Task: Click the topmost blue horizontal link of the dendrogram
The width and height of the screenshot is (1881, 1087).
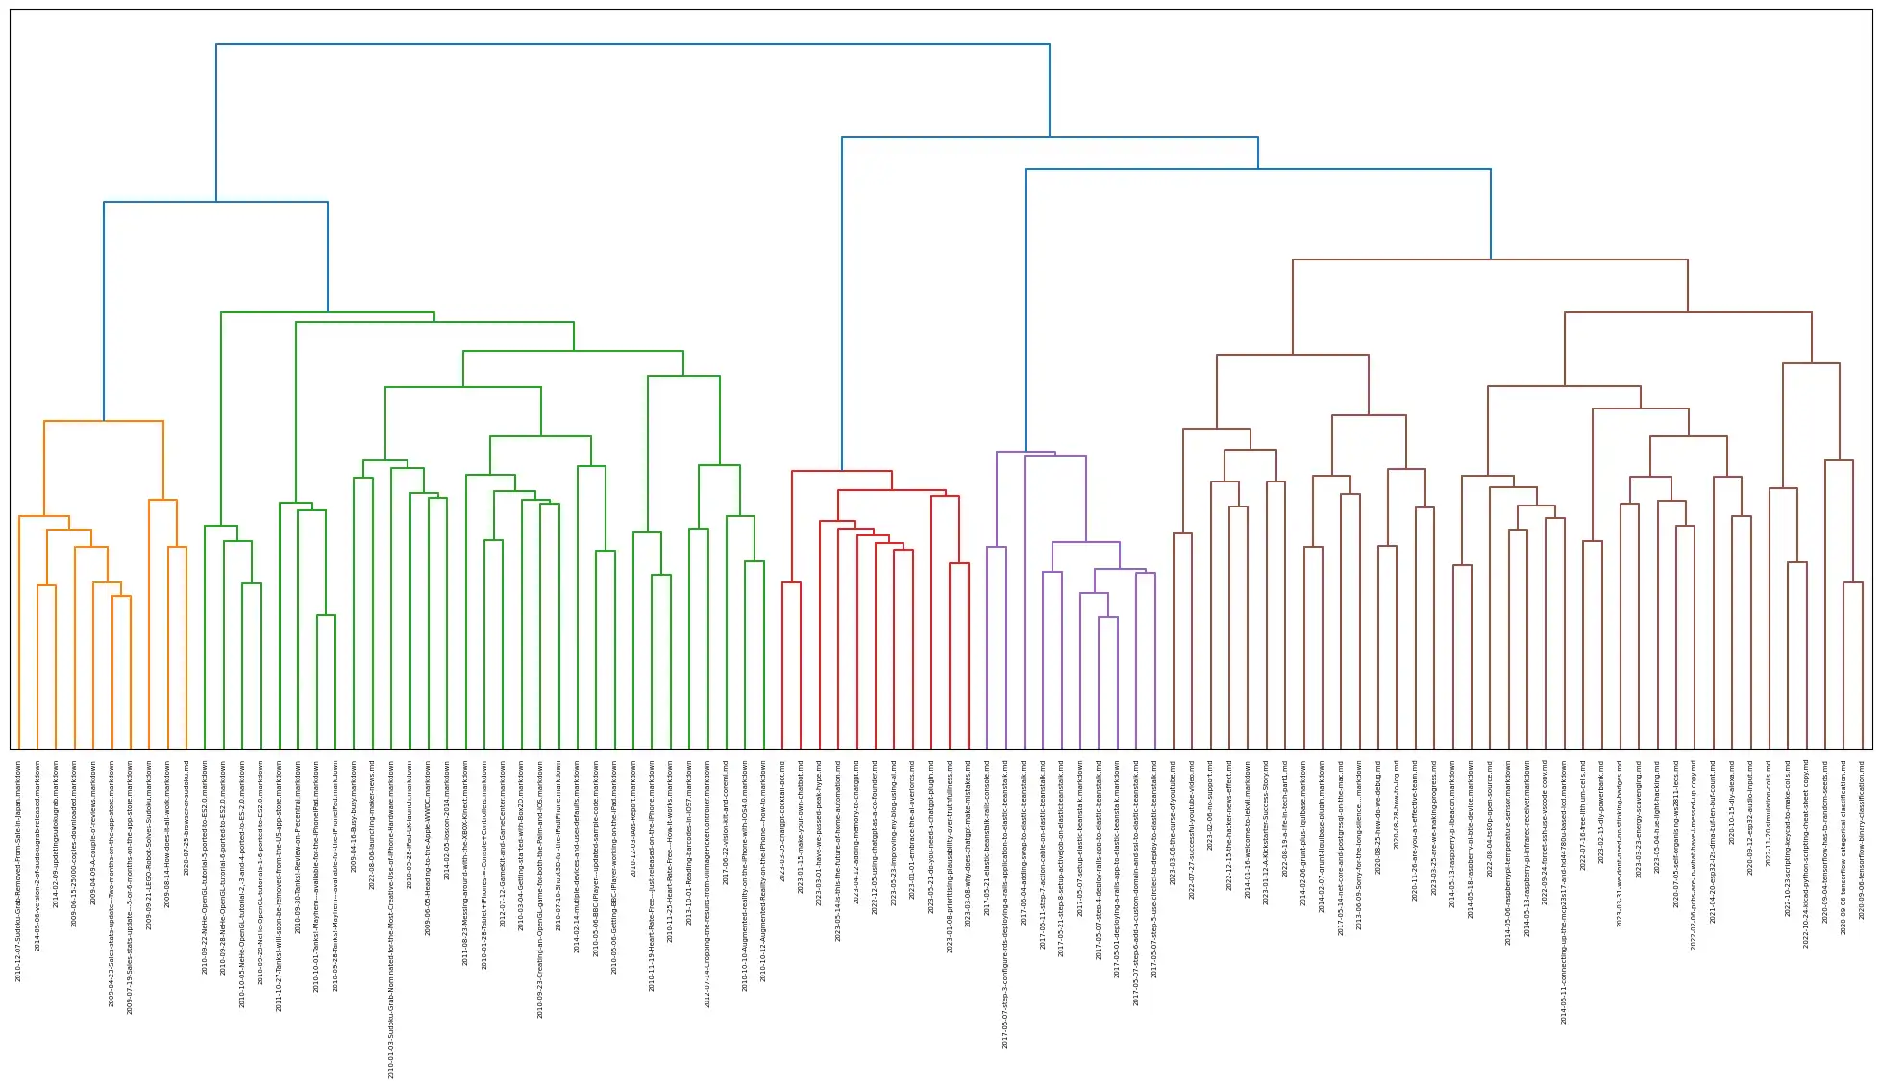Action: (632, 44)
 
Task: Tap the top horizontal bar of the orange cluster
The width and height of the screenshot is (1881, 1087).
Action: (104, 421)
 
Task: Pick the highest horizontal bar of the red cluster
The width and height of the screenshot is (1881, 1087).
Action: (841, 471)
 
